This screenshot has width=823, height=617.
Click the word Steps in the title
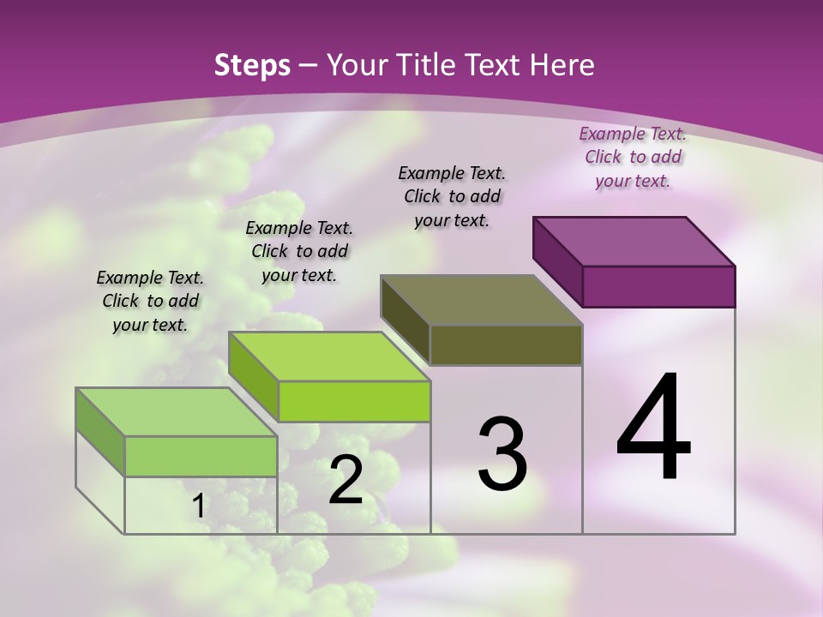[251, 65]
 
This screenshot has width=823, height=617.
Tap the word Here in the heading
[562, 65]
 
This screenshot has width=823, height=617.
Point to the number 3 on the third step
[502, 453]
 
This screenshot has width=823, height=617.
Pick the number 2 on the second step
[345, 480]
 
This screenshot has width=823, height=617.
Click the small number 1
[198, 506]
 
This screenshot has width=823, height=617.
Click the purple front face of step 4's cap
[658, 286]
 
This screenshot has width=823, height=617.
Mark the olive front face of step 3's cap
[506, 344]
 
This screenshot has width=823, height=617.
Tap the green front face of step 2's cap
[353, 401]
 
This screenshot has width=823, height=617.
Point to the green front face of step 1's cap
[201, 456]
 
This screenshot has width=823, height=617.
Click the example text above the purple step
[633, 157]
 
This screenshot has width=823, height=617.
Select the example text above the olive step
[452, 196]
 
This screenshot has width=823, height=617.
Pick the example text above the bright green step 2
[299, 251]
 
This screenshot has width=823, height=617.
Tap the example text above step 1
[150, 301]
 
